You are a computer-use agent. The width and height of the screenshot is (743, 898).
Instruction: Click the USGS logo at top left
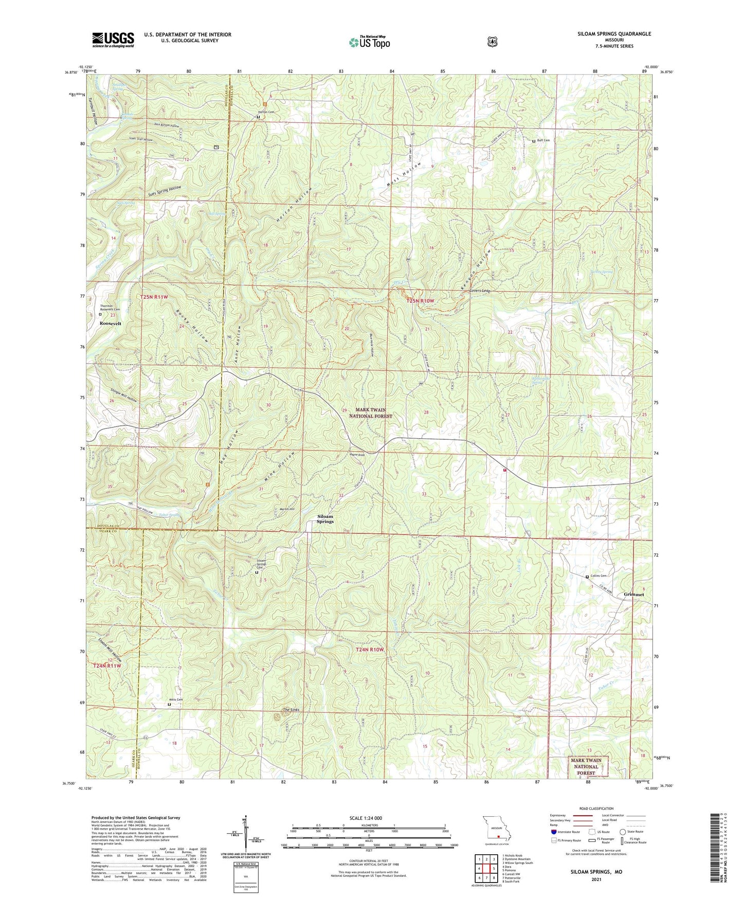[x=113, y=39]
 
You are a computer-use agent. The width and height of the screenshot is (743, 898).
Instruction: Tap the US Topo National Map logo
[x=369, y=42]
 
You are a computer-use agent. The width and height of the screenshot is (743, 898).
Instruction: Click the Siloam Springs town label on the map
[x=325, y=519]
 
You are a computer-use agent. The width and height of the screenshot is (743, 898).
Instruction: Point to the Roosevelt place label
[x=111, y=324]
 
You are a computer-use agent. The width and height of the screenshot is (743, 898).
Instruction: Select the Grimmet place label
[x=633, y=594]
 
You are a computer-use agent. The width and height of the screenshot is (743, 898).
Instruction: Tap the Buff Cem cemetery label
[x=543, y=140]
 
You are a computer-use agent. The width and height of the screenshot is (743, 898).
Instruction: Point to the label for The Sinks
[x=291, y=710]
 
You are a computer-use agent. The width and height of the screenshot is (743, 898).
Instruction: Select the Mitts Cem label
[x=176, y=699]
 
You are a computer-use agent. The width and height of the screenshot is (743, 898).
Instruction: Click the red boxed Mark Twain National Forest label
[x=586, y=766]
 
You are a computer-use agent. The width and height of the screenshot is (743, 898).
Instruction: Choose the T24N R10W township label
[x=370, y=650]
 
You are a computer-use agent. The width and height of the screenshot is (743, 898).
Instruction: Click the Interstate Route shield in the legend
[x=553, y=832]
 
